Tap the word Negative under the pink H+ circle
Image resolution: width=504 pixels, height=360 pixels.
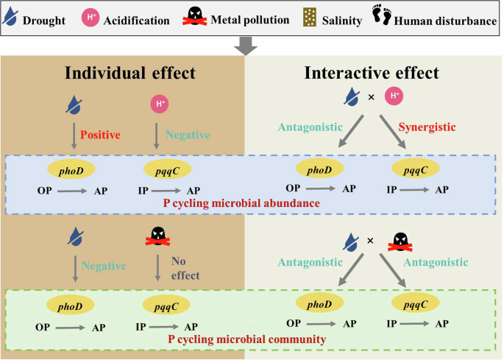(x=188, y=135)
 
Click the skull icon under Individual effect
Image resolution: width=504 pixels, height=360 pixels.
(x=158, y=236)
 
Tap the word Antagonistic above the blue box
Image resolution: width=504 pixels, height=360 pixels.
(x=308, y=127)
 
